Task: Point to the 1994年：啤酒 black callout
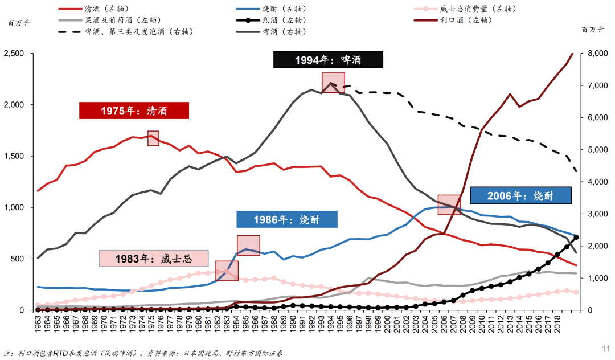328,60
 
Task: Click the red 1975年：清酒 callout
134,111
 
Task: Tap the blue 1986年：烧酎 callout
287,219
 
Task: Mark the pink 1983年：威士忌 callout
154,258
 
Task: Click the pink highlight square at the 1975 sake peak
153,138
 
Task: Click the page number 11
606,347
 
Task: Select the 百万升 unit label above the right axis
593,30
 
